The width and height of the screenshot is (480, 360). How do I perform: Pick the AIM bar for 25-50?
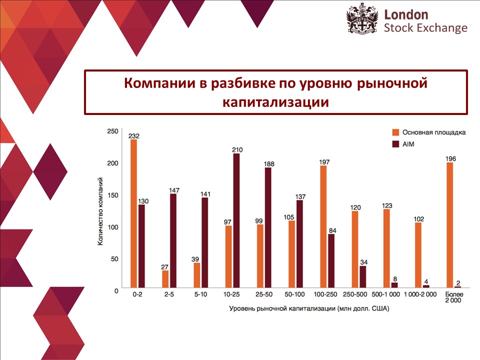(268, 227)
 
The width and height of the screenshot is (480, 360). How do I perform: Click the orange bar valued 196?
(449, 224)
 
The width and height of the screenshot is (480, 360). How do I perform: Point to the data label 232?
(133, 135)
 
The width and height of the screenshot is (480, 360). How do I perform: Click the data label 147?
(173, 190)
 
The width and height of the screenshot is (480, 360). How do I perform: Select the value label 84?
(331, 230)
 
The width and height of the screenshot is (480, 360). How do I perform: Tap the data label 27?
(165, 267)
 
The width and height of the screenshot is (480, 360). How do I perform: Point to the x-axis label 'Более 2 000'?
(453, 298)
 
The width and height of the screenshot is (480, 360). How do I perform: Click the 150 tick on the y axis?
(113, 195)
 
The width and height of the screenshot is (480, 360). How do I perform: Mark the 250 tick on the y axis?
(113, 131)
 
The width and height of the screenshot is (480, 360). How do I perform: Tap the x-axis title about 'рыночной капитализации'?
(308, 308)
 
